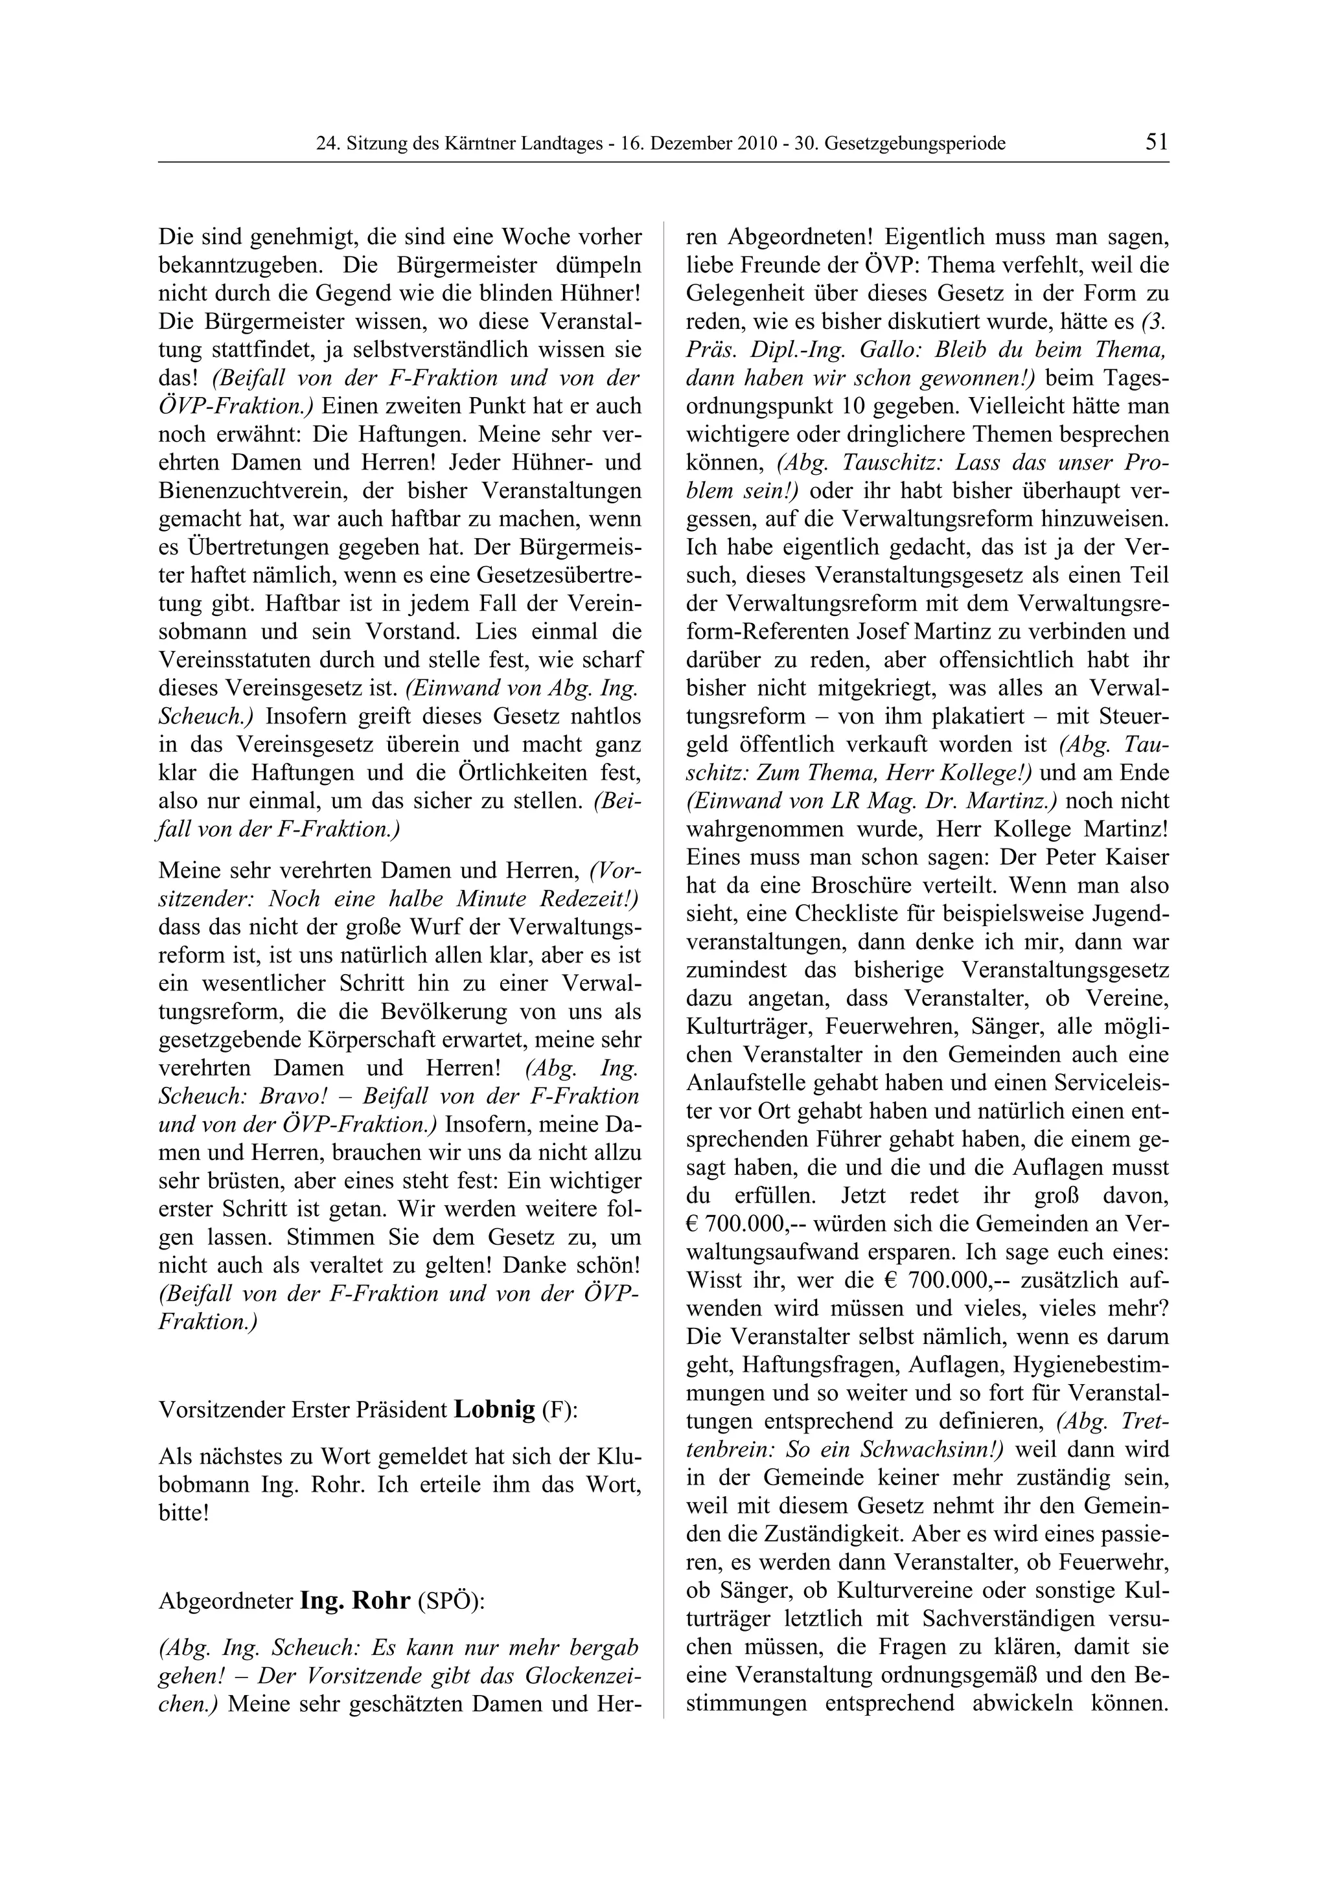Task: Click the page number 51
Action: point(1156,142)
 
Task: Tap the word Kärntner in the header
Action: point(477,144)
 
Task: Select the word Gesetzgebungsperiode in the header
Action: point(915,144)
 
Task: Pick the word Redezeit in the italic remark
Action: point(586,898)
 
